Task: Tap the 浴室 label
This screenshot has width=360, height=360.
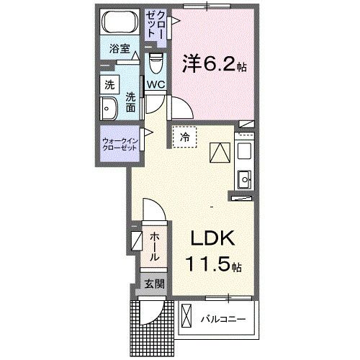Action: coord(119,50)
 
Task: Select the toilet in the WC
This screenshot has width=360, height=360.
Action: coord(157,65)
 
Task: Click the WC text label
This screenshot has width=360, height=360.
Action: coord(156,85)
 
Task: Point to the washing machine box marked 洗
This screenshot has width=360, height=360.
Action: coord(108,84)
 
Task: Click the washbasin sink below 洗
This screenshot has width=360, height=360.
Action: coord(109,111)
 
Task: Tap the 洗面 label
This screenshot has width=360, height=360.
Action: coord(130,102)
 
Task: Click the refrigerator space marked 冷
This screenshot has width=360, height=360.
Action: coord(184,137)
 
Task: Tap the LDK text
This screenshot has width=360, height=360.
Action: coord(212,240)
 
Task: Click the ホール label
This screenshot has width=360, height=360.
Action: coord(155,246)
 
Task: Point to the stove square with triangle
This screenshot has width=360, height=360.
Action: coord(218,152)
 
